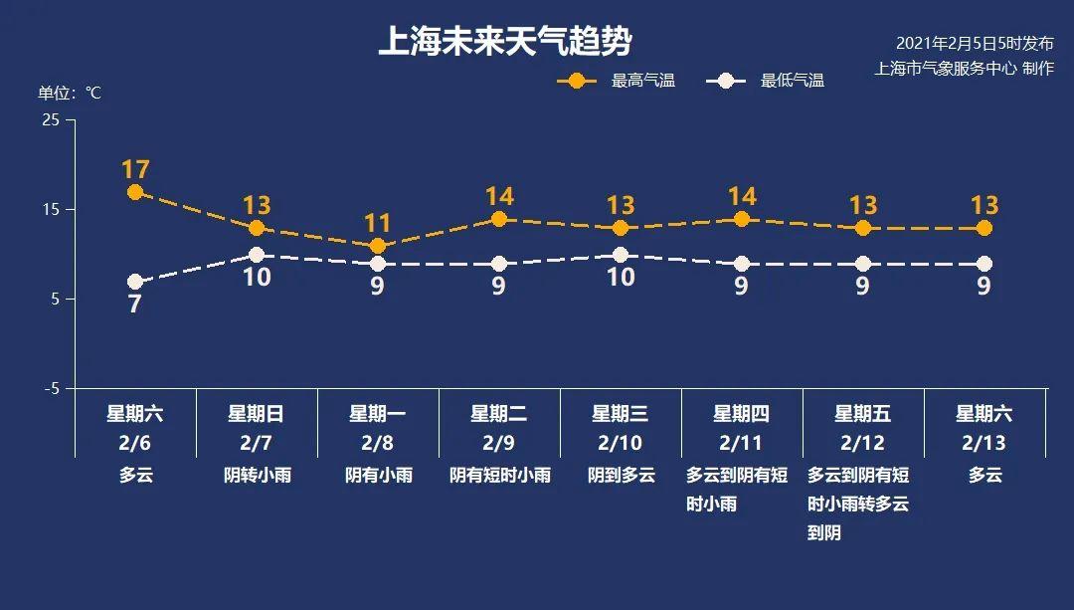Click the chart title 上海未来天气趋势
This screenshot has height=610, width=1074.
505,43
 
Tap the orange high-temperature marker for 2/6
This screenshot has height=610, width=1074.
135,192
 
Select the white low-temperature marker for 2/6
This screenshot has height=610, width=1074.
135,283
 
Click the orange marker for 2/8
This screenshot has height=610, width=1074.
378,246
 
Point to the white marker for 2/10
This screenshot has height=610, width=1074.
621,255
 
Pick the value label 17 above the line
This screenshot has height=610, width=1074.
135,169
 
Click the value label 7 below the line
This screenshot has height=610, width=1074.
135,305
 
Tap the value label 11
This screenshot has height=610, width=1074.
378,223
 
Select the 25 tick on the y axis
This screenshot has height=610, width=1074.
51,119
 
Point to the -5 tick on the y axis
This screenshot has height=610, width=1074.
51,388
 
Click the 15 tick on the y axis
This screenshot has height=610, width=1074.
51,209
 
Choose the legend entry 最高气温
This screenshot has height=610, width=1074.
642,81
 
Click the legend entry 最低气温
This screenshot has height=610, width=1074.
792,81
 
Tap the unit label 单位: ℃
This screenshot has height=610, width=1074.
70,93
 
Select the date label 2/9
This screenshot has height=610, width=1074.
499,442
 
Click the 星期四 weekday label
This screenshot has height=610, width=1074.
742,414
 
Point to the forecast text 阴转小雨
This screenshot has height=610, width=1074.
257,475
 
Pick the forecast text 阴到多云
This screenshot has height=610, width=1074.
621,475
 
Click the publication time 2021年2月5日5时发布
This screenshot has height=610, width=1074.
975,43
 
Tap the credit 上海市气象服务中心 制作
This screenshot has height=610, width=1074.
964,69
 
